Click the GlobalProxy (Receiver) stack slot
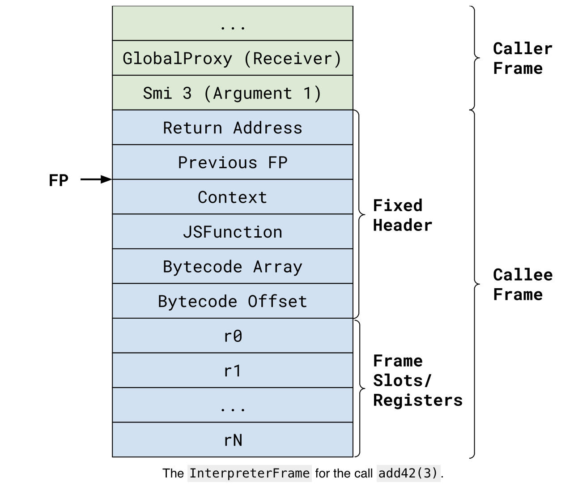tap(232, 58)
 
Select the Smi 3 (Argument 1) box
tap(232, 93)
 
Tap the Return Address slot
tap(232, 128)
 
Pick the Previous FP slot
tap(232, 162)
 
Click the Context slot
tap(232, 197)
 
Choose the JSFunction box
tap(232, 232)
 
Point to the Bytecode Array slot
tap(232, 267)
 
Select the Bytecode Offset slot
tap(232, 301)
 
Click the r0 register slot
tap(232, 336)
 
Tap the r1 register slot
tap(232, 371)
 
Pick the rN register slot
tap(232, 440)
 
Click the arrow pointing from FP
tap(96, 179)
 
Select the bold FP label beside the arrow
tap(59, 180)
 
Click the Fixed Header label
tap(402, 215)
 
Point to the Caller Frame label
tap(522, 58)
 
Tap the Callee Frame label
tap(522, 285)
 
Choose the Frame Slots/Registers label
tap(417, 380)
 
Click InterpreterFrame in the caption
tap(249, 473)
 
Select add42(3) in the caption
tap(409, 473)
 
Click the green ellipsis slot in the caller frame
tap(232, 24)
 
